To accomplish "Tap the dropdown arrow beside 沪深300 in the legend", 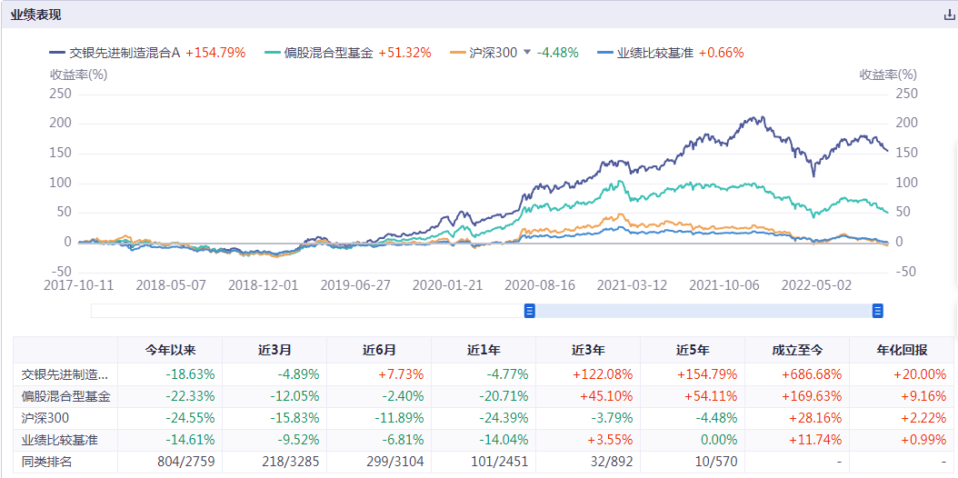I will (527, 53).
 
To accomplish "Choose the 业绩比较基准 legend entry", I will (654, 53).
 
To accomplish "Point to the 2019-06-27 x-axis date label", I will (355, 284).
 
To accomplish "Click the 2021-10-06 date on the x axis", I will (723, 284).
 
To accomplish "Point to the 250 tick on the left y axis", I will (60, 93).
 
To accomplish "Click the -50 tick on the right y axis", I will (905, 272).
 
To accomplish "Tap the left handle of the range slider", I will (530, 311).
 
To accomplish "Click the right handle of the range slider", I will (878, 311).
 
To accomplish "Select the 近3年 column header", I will (588, 350).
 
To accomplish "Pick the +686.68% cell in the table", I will (796, 373).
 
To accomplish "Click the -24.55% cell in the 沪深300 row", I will (170, 419).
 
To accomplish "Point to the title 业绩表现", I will (35, 15).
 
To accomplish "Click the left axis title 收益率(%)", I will (78, 75).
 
